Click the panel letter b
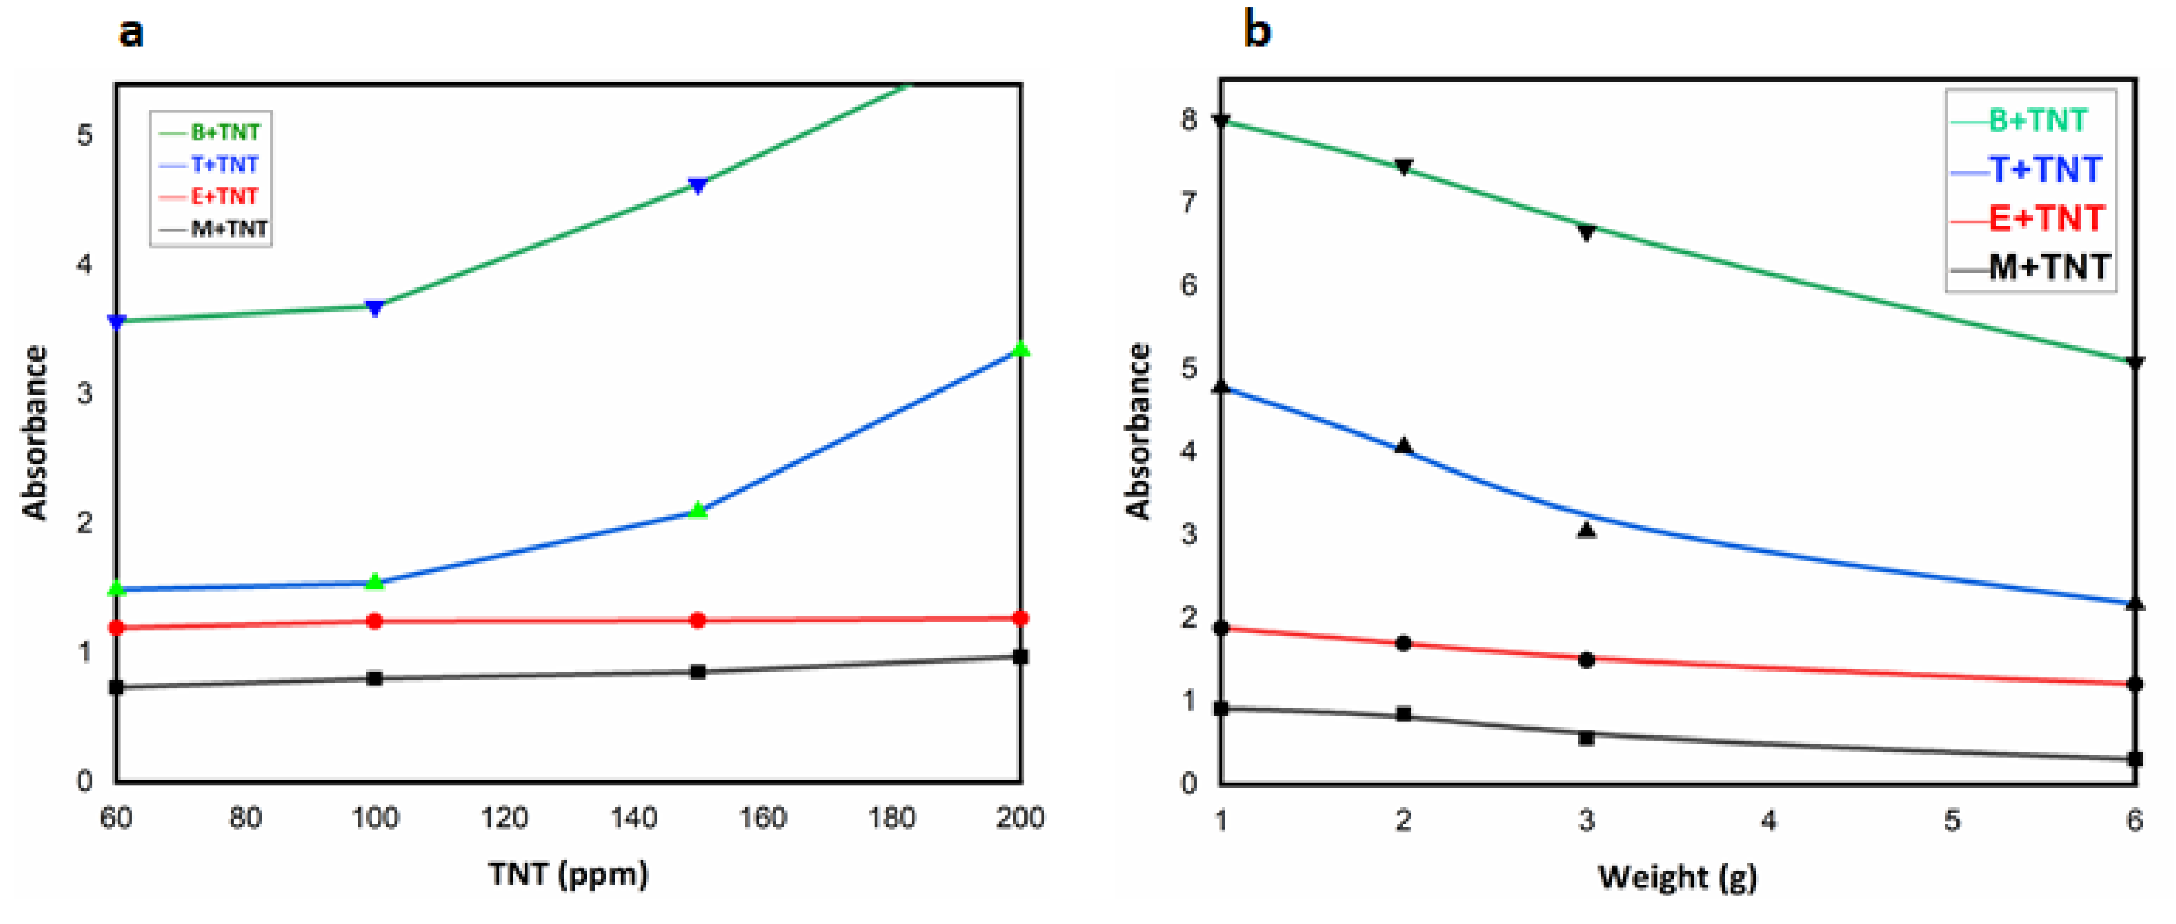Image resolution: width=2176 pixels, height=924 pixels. [1256, 31]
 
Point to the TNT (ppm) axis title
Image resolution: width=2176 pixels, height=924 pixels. [567, 873]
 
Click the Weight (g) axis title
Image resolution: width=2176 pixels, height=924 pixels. [1677, 877]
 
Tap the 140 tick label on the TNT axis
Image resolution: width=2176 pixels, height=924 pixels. [634, 817]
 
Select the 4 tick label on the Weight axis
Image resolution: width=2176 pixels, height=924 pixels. [1769, 820]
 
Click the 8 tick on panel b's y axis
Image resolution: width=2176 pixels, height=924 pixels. [1189, 119]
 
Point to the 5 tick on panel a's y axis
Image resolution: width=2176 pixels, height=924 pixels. [84, 135]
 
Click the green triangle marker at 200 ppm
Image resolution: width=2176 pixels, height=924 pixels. [1021, 348]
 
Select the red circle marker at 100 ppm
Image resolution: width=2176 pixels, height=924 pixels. [375, 621]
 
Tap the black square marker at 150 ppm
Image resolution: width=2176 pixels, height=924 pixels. [698, 672]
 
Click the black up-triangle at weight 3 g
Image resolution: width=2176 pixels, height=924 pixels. [1586, 530]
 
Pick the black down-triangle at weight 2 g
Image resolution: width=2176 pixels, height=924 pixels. [1403, 166]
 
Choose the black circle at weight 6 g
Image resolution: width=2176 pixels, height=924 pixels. [2134, 683]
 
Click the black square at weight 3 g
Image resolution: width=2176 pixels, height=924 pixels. [1586, 737]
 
